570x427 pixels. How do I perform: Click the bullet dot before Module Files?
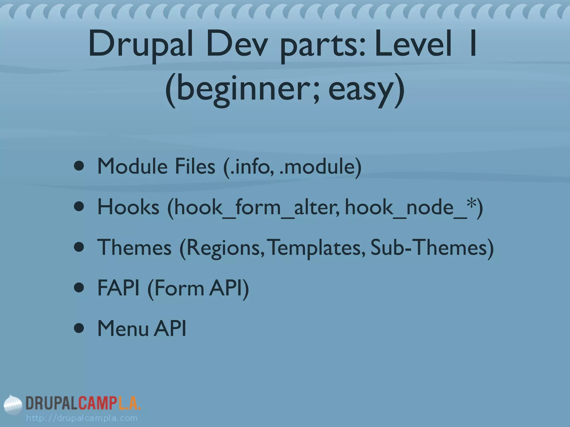click(x=79, y=166)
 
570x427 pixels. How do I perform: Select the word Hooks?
click(x=128, y=207)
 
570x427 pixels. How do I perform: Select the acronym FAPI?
click(x=118, y=288)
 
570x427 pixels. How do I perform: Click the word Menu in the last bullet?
click(x=123, y=329)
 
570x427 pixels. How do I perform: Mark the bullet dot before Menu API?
click(x=79, y=329)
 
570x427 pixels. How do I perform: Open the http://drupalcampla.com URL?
click(x=82, y=418)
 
